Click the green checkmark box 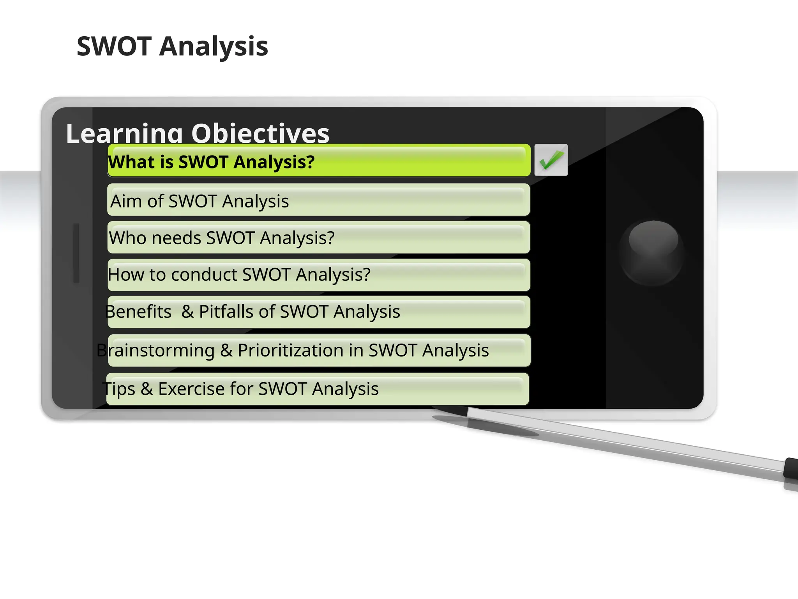(551, 160)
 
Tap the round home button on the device (652, 253)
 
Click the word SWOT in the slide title (114, 46)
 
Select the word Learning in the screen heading (124, 133)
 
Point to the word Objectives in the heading (260, 133)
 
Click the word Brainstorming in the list (155, 350)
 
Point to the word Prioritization (291, 350)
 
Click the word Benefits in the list (138, 312)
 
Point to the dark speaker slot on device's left (76, 253)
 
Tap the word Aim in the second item (125, 201)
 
